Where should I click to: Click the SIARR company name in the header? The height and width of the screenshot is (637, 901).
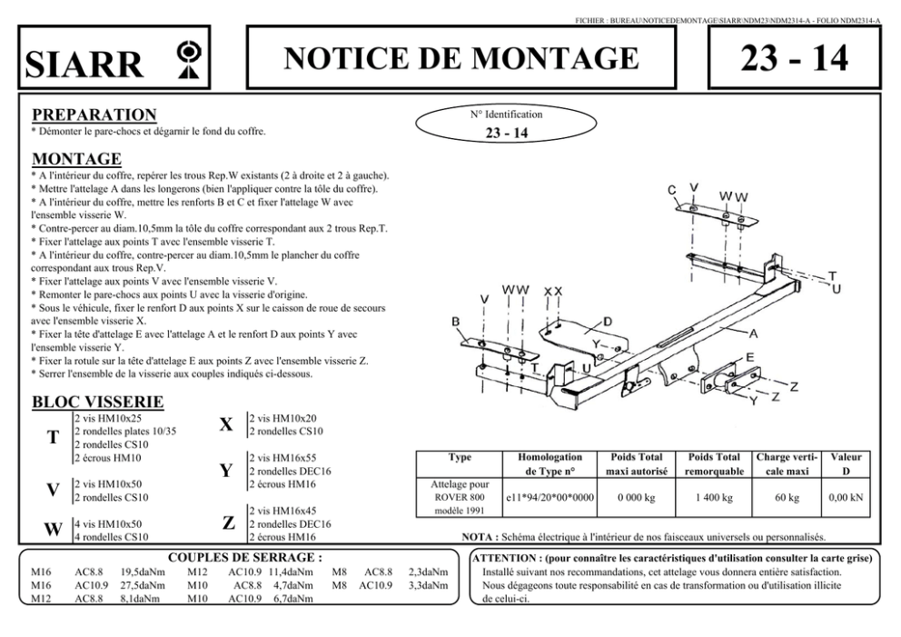(85, 64)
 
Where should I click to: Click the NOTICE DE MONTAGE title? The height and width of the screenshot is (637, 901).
(461, 58)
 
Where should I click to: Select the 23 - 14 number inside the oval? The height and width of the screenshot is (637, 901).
(506, 133)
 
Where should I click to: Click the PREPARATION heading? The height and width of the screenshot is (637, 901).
(94, 114)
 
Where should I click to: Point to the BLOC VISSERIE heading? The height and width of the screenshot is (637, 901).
(97, 401)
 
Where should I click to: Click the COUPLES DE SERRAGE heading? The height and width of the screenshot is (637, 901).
(245, 557)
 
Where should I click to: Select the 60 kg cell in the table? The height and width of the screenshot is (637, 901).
(787, 498)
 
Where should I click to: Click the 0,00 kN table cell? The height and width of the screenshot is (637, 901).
(846, 498)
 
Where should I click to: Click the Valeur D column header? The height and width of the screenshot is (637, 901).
(846, 464)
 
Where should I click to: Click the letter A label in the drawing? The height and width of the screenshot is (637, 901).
(753, 333)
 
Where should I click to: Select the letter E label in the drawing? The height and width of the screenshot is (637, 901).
(750, 357)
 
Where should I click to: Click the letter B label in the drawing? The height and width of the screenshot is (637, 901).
(455, 322)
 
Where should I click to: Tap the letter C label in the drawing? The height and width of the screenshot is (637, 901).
(672, 190)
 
